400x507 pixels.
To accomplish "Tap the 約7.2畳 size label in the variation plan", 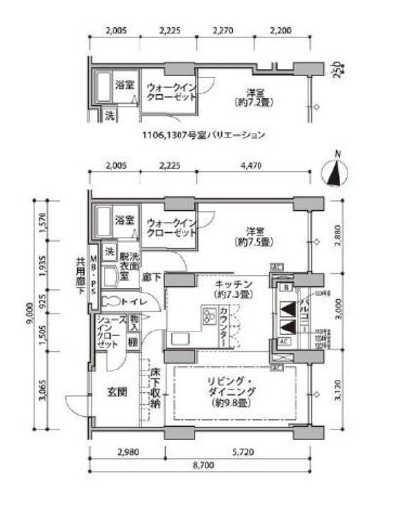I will [256, 100].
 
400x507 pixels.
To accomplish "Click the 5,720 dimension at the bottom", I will [245, 452].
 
